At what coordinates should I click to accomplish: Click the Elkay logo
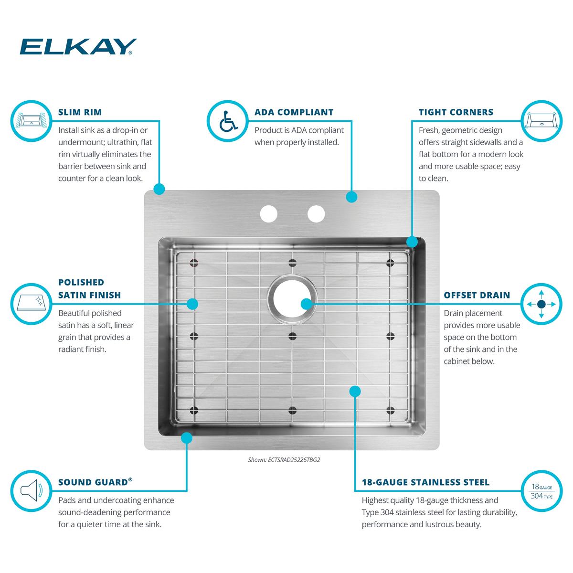pyautogui.click(x=78, y=47)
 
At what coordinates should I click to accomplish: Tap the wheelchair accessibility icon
pyautogui.click(x=228, y=121)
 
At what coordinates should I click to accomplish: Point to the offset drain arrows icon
pyautogui.click(x=541, y=304)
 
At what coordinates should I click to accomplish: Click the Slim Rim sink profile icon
pyautogui.click(x=31, y=121)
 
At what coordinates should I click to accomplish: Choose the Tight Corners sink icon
pyautogui.click(x=541, y=121)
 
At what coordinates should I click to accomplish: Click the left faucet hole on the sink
pyautogui.click(x=268, y=213)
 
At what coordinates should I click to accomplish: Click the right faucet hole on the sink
pyautogui.click(x=316, y=213)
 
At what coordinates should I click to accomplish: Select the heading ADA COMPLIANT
pyautogui.click(x=294, y=112)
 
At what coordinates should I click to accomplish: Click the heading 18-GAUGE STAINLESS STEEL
pyautogui.click(x=425, y=482)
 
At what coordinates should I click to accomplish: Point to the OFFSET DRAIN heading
pyautogui.click(x=477, y=295)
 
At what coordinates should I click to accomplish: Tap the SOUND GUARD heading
pyautogui.click(x=95, y=482)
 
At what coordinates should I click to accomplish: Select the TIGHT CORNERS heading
pyautogui.click(x=456, y=112)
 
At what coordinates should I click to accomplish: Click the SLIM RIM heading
pyautogui.click(x=80, y=112)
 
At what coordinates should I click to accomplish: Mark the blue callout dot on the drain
pyautogui.click(x=307, y=304)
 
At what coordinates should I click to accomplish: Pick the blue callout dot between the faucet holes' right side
pyautogui.click(x=351, y=197)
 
